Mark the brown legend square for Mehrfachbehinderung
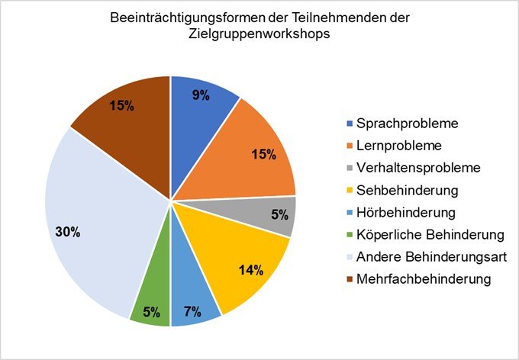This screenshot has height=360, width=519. click(351, 278)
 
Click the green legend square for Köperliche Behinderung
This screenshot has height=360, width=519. click(351, 234)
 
